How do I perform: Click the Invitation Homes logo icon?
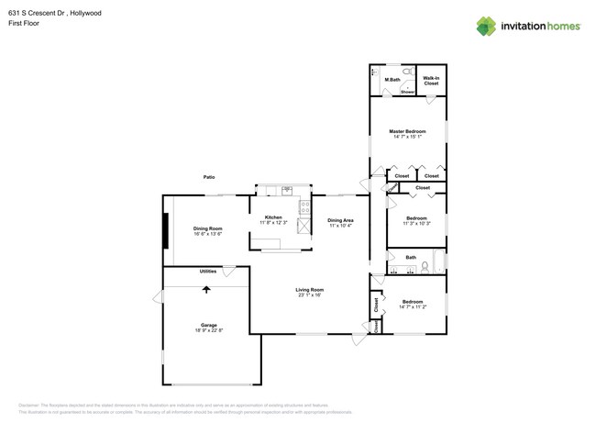pos(485,26)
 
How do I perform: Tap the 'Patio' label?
pos(209,176)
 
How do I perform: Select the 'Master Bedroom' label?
pos(408,131)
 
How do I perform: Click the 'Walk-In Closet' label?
pos(431,81)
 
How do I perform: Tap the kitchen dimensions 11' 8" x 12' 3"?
pos(273,223)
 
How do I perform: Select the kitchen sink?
pos(287,191)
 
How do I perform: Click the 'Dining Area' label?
pos(340,219)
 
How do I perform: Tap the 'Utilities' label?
pos(208,272)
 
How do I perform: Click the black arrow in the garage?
pos(206,289)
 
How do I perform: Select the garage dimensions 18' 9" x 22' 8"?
pos(209,330)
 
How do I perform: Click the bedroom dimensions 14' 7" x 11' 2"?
pos(412,306)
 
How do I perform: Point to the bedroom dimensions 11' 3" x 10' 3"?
pos(416,223)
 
